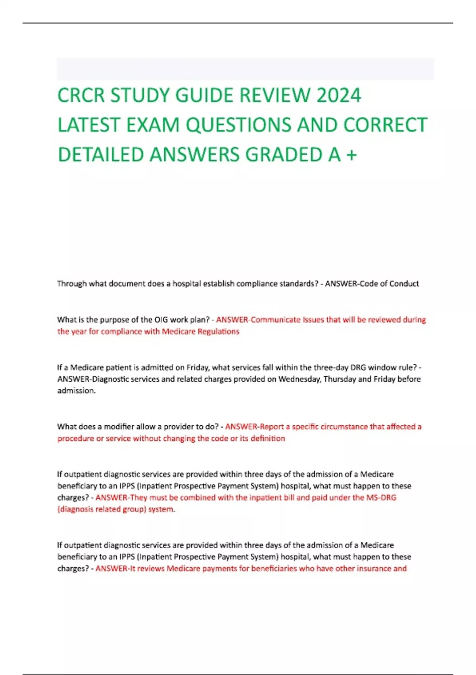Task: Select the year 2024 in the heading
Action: (x=339, y=96)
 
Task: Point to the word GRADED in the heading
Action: (x=284, y=155)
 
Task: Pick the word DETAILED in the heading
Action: (x=101, y=155)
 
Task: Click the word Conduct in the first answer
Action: (x=404, y=283)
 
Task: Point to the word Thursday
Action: (x=340, y=379)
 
